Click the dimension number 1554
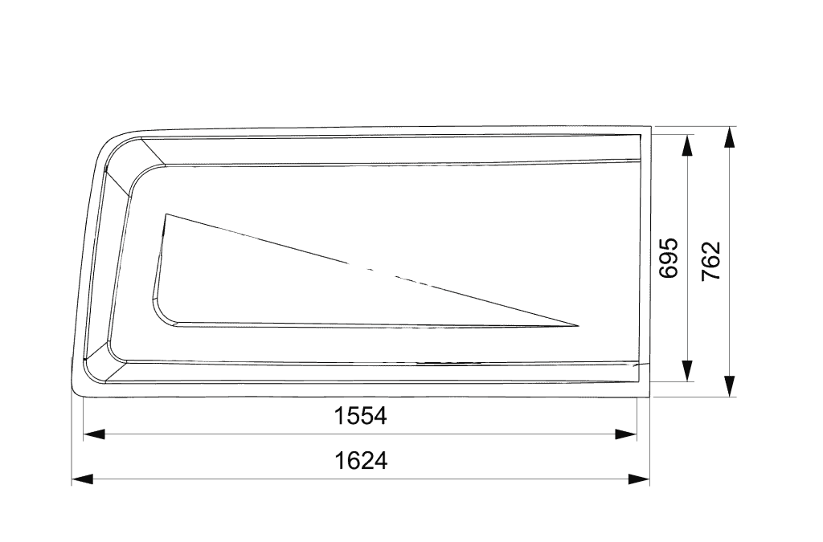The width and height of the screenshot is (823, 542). coord(361,416)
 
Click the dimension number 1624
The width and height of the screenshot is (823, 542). coord(361,461)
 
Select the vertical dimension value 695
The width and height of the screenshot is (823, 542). coord(669,258)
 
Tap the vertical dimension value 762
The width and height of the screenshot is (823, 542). coord(711,260)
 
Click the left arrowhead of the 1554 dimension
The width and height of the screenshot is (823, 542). coord(94,434)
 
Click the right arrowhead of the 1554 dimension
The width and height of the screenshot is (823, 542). coord(626,434)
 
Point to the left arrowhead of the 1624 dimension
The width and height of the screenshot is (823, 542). coord(83,479)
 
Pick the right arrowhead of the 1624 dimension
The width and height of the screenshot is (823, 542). coord(639,479)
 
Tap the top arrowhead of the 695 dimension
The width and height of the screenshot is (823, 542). coord(686,145)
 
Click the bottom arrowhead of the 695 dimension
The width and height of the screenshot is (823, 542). coord(686,371)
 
